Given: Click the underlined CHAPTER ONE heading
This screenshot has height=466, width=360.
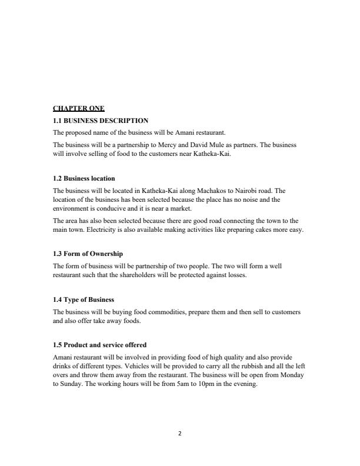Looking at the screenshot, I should click(x=79, y=108).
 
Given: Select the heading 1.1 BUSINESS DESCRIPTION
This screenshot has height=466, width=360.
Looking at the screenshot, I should click(x=100, y=121).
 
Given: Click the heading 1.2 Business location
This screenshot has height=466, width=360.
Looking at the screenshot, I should click(x=84, y=178).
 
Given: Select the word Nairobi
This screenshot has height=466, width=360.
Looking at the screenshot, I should click(x=250, y=191).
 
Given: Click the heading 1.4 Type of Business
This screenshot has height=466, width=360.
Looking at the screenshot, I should click(x=84, y=300).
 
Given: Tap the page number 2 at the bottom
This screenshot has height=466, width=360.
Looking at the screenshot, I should click(x=180, y=434).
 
